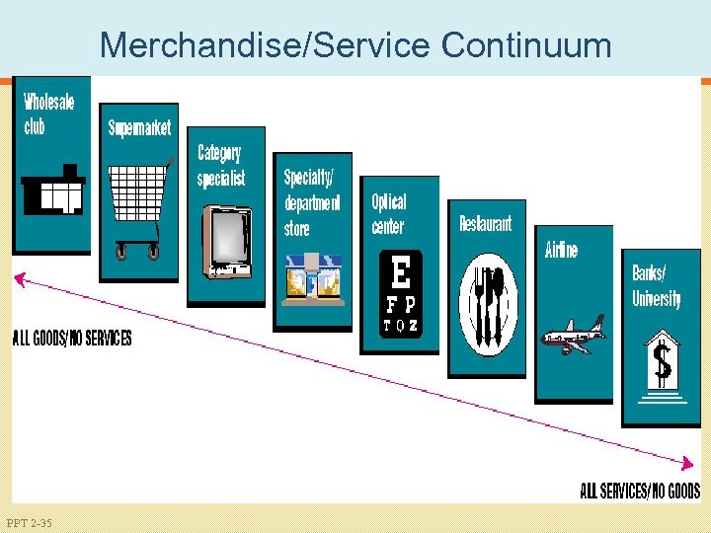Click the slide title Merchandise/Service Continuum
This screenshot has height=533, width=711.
tap(355, 44)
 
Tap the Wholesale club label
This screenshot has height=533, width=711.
tap(48, 114)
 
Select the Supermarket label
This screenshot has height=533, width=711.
tap(139, 127)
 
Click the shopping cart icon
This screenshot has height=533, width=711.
tap(137, 207)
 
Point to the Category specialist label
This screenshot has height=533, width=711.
tap(220, 165)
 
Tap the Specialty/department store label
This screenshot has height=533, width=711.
tap(311, 202)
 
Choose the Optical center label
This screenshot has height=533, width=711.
tap(388, 213)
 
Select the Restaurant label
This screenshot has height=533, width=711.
tap(486, 224)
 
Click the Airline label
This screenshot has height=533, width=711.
tap(562, 250)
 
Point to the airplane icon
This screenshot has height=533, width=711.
tap(573, 336)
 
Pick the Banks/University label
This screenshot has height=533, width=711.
tap(657, 285)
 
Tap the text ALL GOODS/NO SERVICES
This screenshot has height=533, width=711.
tap(71, 339)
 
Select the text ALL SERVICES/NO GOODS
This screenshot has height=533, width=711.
tap(639, 491)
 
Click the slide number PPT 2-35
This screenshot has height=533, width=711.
tap(29, 522)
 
